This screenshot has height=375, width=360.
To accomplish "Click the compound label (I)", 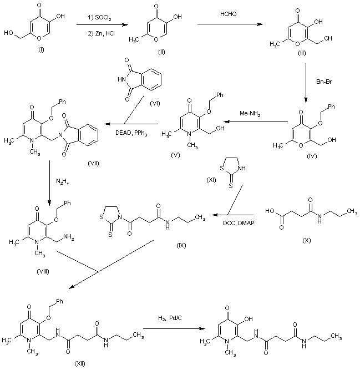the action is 41,50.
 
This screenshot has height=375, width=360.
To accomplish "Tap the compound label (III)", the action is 302,53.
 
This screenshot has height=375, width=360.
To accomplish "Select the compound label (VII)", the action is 93,163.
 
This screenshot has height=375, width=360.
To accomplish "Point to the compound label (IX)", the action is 181,245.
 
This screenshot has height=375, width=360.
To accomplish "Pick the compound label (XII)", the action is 80,364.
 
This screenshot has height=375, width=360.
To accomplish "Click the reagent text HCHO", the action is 228,14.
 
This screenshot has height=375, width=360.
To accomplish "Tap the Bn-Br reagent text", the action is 324,82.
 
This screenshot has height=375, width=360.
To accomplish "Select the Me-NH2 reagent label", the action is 250,114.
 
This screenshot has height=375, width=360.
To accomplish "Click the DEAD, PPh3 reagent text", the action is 131,133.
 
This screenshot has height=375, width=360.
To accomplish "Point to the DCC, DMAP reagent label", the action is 239,223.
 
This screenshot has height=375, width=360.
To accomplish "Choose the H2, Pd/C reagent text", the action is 170,318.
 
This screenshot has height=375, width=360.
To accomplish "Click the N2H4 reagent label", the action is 63,181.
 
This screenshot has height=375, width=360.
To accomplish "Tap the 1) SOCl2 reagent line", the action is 100,18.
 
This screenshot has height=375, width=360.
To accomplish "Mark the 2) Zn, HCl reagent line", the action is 101,33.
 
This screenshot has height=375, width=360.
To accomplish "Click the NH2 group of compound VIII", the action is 69,237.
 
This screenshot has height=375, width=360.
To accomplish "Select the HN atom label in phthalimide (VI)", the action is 121,80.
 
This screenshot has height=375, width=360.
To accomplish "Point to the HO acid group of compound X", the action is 270,211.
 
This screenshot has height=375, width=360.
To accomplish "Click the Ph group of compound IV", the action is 331,107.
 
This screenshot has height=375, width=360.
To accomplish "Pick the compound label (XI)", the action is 211,180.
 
